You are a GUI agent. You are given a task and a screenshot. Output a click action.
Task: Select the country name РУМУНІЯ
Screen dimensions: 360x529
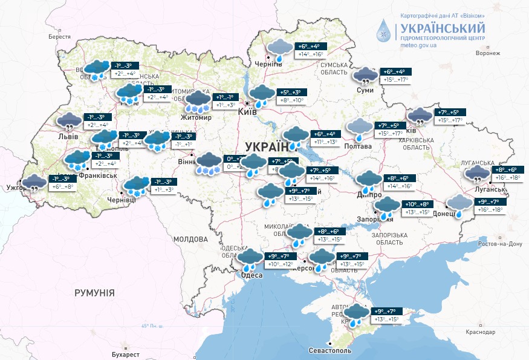94,293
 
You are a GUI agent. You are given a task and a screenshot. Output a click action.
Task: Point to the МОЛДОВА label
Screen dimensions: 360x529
191,240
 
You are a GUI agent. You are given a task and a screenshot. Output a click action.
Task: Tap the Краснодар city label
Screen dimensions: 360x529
481,332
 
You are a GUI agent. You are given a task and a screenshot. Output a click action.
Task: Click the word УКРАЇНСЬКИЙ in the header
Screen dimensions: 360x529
442,27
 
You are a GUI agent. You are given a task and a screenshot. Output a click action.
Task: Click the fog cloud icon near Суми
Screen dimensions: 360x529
365,75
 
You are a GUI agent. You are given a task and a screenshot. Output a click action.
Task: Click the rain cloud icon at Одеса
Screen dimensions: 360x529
249,259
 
